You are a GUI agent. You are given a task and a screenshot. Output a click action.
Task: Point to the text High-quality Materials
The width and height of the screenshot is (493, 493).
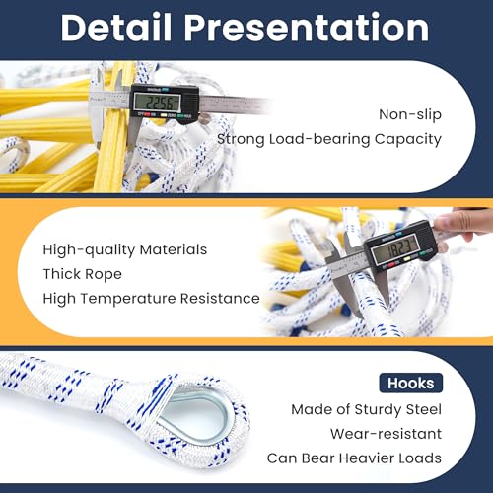pos(124,250)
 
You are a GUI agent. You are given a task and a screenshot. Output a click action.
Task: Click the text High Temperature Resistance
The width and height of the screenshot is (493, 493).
pos(151,298)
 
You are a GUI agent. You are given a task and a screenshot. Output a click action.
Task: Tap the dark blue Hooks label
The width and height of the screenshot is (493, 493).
pos(409,383)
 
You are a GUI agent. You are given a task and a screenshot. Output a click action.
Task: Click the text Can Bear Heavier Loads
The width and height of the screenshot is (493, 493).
pos(353,458)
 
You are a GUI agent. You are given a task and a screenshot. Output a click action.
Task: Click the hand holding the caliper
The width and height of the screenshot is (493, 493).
pos(463,226)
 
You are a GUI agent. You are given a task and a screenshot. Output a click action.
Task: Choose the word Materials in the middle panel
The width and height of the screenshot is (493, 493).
pos(173,250)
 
